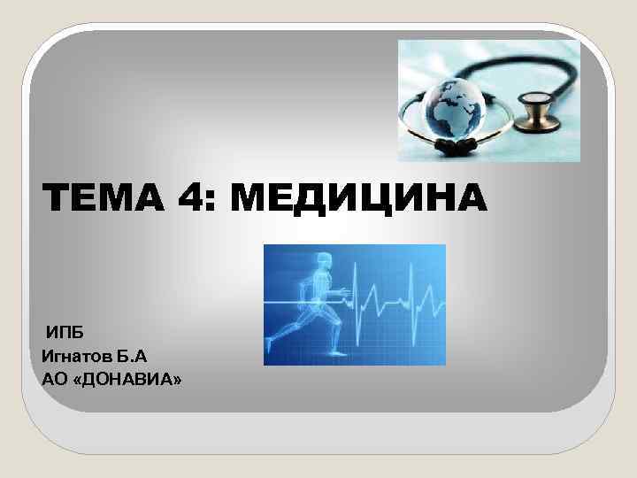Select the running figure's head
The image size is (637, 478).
point(324,260)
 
